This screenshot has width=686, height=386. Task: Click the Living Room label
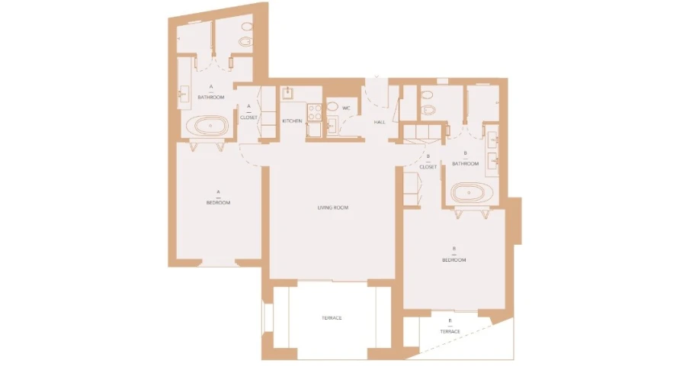332,207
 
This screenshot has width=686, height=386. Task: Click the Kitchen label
292,121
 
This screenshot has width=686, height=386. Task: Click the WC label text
345,108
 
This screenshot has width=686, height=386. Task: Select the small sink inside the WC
332,127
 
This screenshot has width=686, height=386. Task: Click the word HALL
379,122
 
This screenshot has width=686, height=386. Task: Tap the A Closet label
248,113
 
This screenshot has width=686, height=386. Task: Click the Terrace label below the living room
331,317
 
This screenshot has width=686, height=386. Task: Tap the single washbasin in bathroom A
183,95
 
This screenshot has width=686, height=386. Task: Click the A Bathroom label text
210,94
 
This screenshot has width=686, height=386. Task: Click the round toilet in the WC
332,108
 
